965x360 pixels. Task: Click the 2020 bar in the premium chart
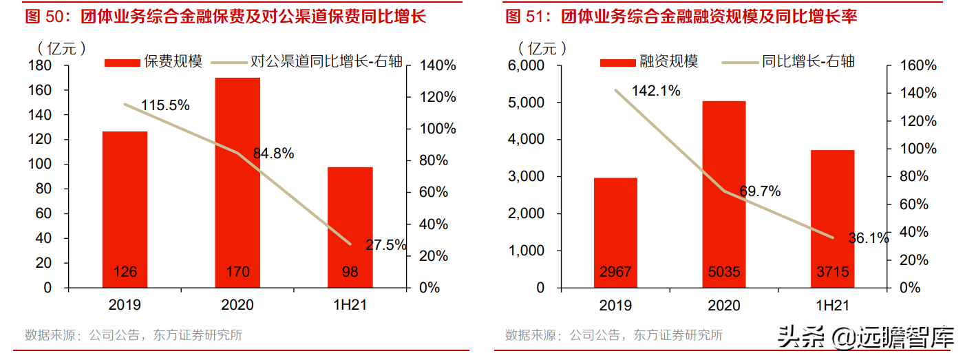[237, 182]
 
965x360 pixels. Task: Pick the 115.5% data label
[165, 105]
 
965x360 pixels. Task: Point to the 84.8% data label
[273, 153]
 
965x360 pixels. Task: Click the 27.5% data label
[385, 245]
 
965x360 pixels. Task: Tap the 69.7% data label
[760, 191]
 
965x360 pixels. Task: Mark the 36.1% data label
[868, 238]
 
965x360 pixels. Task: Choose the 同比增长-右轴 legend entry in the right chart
[788, 61]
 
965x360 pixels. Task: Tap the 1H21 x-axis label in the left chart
[350, 305]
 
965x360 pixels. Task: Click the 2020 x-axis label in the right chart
[723, 305]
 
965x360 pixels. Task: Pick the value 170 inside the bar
[237, 272]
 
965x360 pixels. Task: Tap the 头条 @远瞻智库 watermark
[866, 337]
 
